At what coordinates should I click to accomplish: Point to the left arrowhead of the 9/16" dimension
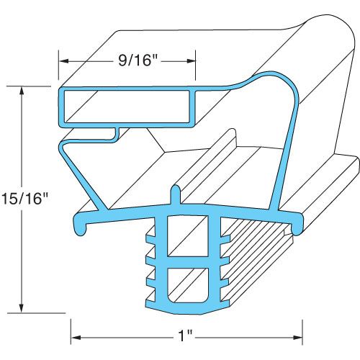(63, 61)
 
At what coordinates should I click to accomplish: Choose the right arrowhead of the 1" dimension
(298, 336)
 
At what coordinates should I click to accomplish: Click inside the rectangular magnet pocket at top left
(127, 105)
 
